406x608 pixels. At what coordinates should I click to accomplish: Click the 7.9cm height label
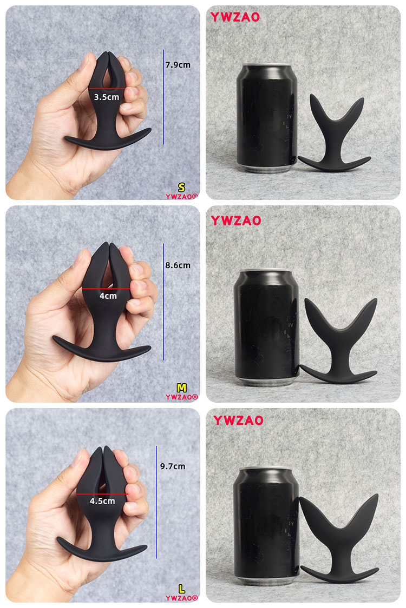(178, 65)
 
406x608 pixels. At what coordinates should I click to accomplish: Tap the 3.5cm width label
(107, 97)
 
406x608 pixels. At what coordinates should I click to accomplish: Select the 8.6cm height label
(178, 265)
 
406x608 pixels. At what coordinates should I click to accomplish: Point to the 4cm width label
(108, 296)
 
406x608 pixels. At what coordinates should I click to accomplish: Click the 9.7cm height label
(173, 466)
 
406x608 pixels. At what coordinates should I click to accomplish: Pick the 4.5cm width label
(102, 501)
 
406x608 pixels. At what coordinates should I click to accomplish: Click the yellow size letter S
(181, 188)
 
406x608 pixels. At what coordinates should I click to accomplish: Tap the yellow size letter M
(181, 387)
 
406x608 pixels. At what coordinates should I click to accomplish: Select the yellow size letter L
(181, 589)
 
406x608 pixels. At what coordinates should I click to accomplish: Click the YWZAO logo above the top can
(235, 17)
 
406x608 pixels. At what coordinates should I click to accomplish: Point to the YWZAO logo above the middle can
(236, 221)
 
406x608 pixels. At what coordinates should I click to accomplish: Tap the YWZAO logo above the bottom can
(238, 420)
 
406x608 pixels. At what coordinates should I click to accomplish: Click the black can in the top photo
(267, 118)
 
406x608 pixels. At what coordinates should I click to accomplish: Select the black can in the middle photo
(266, 326)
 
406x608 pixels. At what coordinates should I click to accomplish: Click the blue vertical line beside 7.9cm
(163, 97)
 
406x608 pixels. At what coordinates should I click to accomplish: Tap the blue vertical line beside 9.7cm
(156, 502)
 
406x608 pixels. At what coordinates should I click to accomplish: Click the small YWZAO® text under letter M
(182, 397)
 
